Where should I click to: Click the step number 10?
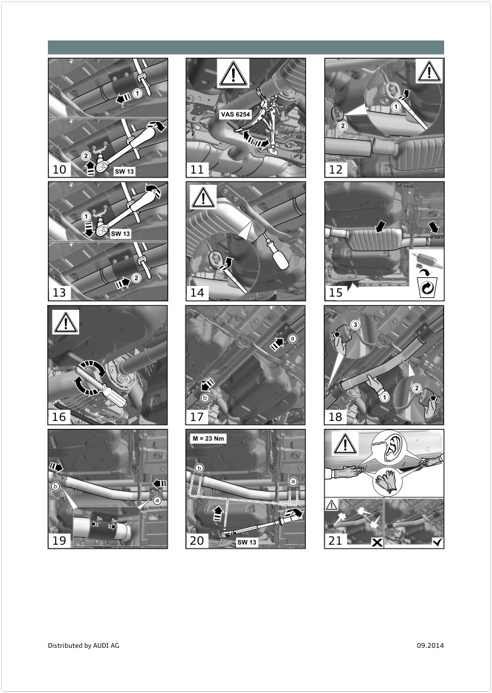59,170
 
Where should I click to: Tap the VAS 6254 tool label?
235,114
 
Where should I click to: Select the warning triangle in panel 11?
233,73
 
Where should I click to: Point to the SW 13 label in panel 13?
120,233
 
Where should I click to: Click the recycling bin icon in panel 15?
427,287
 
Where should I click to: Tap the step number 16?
59,416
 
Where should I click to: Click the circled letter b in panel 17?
205,398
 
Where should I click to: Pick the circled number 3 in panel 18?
354,325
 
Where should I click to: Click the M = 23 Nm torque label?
209,438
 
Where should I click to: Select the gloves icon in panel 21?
388,482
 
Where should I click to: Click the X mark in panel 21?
377,542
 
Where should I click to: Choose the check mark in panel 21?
437,542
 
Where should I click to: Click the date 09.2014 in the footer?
430,645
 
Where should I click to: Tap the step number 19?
59,541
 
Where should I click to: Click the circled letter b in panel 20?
199,468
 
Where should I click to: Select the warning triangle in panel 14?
203,197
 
